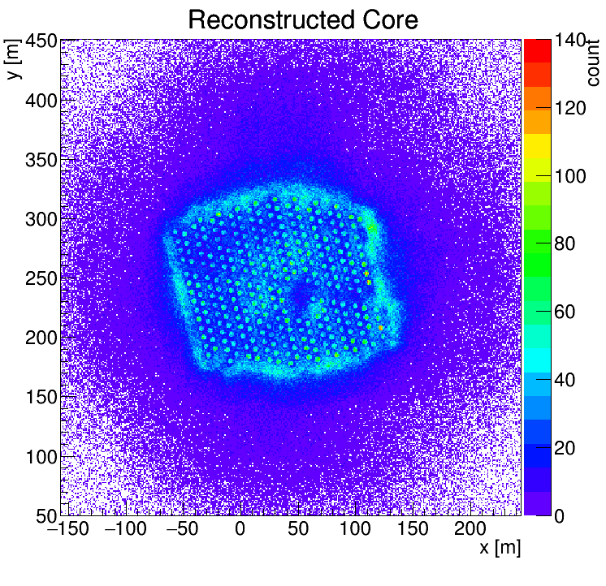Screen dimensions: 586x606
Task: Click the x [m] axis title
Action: (x=500, y=548)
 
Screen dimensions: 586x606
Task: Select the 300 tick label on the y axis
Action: (x=40, y=220)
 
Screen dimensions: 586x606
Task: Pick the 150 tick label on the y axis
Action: (x=40, y=398)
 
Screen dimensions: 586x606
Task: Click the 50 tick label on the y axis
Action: (x=45, y=516)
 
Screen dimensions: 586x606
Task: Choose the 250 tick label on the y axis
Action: (x=40, y=279)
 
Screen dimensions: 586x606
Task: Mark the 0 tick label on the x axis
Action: (x=240, y=530)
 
